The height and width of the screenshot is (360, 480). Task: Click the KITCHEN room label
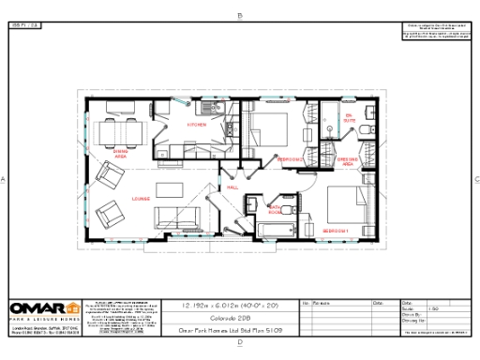tap(197, 124)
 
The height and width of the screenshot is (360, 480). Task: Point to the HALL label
tap(232, 187)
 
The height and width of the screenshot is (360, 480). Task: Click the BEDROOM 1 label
tap(336, 231)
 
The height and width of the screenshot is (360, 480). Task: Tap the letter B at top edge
tap(240, 15)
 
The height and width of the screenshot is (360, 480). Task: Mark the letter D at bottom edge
tap(240, 343)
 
